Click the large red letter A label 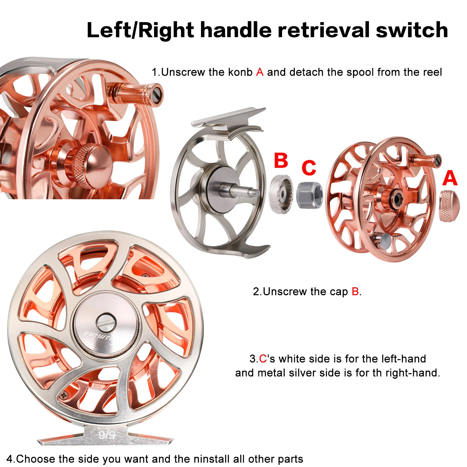[450, 178]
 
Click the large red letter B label [281, 160]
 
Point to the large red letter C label [309, 168]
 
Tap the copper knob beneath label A [449, 206]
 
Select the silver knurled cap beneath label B [281, 194]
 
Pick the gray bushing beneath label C [309, 195]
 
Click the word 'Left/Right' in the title [140, 31]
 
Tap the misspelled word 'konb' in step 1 [240, 72]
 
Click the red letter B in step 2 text [355, 292]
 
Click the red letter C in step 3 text [263, 359]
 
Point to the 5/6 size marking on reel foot [107, 435]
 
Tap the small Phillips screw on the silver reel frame [64, 396]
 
